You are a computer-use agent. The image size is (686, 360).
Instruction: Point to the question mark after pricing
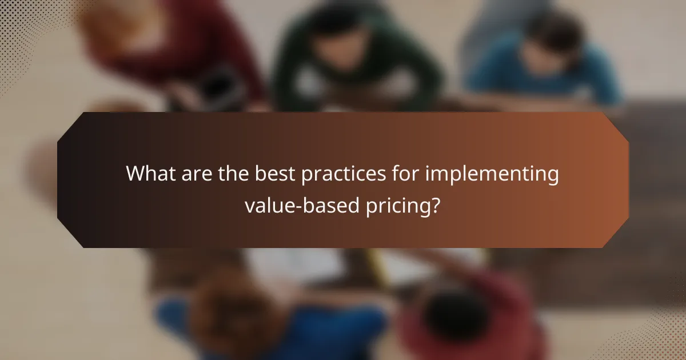(436, 205)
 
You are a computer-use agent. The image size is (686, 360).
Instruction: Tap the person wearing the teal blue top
(543, 63)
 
